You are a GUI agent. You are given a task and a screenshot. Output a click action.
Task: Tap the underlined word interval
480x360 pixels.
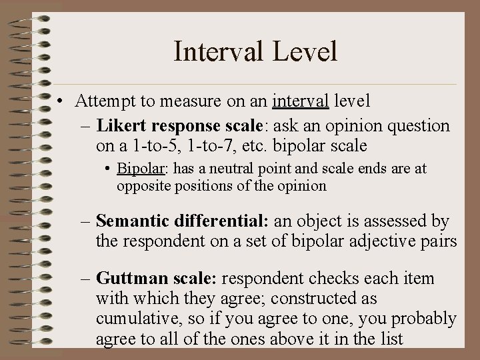(300, 102)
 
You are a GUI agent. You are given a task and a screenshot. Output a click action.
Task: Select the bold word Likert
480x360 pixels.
(121, 126)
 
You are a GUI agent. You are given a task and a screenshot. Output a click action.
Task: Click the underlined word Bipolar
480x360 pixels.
(139, 169)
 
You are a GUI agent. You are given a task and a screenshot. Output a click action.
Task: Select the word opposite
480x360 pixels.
(143, 186)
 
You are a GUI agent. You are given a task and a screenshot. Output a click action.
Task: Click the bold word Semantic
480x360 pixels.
(132, 221)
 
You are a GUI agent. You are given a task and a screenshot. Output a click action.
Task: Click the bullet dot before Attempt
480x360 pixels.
(61, 102)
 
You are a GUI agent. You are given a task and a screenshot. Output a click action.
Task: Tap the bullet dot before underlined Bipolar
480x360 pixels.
(109, 169)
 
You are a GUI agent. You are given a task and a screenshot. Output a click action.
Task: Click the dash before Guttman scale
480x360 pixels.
(87, 279)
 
